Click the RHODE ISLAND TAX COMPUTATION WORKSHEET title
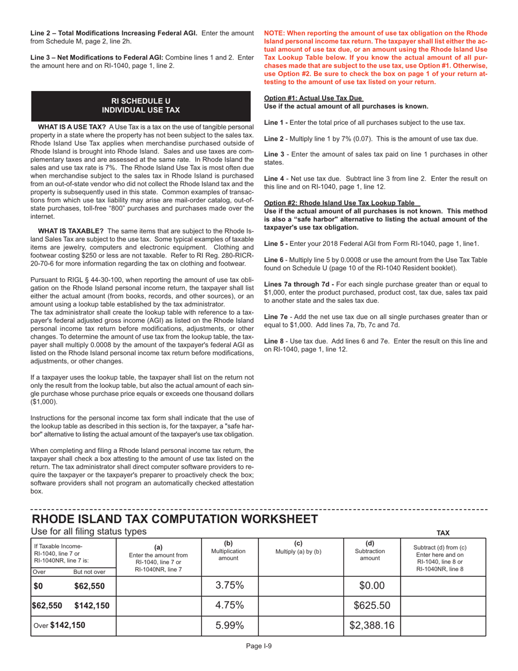coord(174,518)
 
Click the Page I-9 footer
coord(258,646)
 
